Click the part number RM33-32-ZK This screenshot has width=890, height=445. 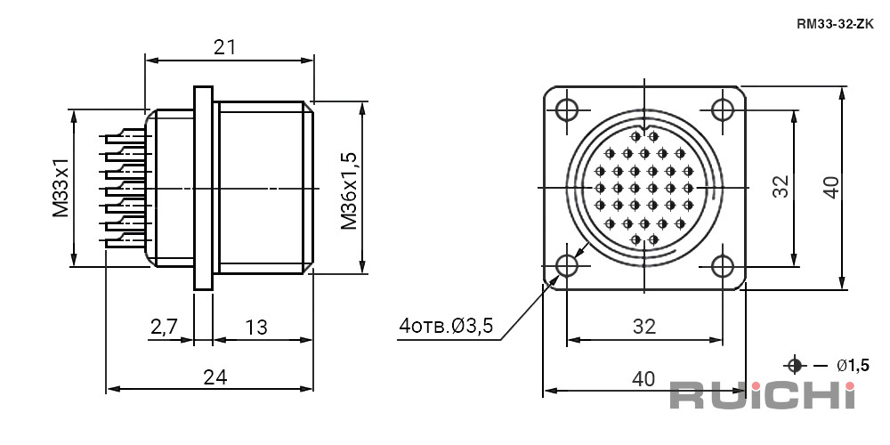point(836,24)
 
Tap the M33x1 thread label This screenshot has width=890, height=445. point(61,188)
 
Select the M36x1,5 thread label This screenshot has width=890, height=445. point(349,190)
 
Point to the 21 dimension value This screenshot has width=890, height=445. point(224,47)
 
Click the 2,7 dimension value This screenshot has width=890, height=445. point(165,327)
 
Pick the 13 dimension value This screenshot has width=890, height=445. point(256,327)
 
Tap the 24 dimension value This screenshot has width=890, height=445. point(215,376)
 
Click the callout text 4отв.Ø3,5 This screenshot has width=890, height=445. point(446,326)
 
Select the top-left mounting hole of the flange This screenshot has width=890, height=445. point(567,109)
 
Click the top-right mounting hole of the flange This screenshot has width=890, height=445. point(723,109)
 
